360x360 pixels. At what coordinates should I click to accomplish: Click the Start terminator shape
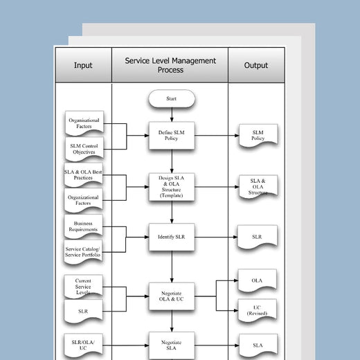[171, 99]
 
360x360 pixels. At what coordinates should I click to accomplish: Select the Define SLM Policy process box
[171, 135]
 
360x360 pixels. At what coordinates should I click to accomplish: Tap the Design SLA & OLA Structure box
[171, 186]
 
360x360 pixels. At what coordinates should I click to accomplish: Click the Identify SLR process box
[171, 237]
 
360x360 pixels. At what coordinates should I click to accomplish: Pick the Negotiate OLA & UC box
[171, 296]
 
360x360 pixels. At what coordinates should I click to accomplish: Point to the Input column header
[83, 65]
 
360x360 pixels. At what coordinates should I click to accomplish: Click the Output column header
[256, 65]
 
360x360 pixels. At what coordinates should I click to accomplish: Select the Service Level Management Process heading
[170, 65]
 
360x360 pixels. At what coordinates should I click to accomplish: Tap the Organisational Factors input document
[84, 123]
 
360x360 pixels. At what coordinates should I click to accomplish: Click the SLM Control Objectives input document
[84, 150]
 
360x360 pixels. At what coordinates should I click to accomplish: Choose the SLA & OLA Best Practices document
[84, 175]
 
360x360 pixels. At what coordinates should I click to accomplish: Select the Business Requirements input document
[84, 226]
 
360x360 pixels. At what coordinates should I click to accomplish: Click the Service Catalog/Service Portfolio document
[84, 252]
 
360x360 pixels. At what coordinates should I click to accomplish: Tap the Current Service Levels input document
[84, 285]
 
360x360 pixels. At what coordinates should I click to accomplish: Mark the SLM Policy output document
[258, 136]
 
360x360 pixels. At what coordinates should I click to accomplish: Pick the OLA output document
[258, 282]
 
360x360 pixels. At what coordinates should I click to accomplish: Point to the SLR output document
[258, 237]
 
